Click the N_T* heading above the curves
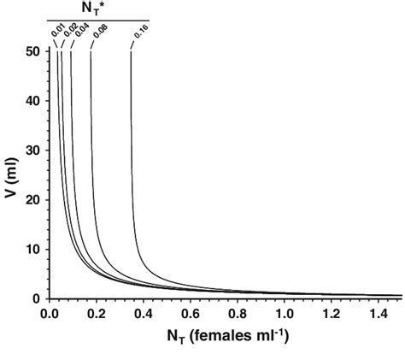(97, 9)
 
